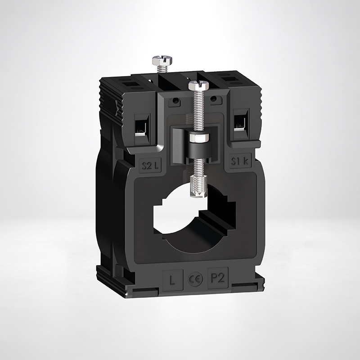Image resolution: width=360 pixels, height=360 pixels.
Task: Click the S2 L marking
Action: click(150, 166)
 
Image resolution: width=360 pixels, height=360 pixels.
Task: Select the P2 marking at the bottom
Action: click(217, 279)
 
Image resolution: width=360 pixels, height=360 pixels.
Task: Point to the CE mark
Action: click(195, 279)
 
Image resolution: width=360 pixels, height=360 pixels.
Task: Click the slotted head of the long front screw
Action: click(198, 85)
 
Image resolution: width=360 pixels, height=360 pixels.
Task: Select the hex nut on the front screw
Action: click(198, 138)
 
